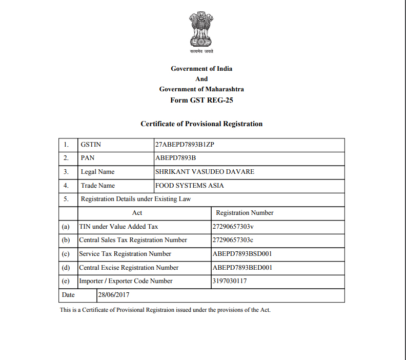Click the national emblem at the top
pos(201,29)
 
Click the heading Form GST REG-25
pos(201,100)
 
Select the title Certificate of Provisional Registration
pos(201,124)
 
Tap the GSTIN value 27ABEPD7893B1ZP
pos(185,145)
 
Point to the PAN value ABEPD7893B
pos(176,158)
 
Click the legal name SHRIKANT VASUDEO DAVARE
pos(205,172)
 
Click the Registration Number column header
pos(245,212)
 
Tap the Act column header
pos(137,212)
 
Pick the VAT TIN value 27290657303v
pos(233,226)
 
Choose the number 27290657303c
pos(233,240)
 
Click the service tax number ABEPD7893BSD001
pos(242,254)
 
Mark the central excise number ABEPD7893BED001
pos(242,268)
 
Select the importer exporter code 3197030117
pos(230,281)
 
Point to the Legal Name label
pos(97,172)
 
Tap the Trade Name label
pos(98,186)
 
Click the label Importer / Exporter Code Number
pos(126,281)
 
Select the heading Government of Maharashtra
pos(201,89)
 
